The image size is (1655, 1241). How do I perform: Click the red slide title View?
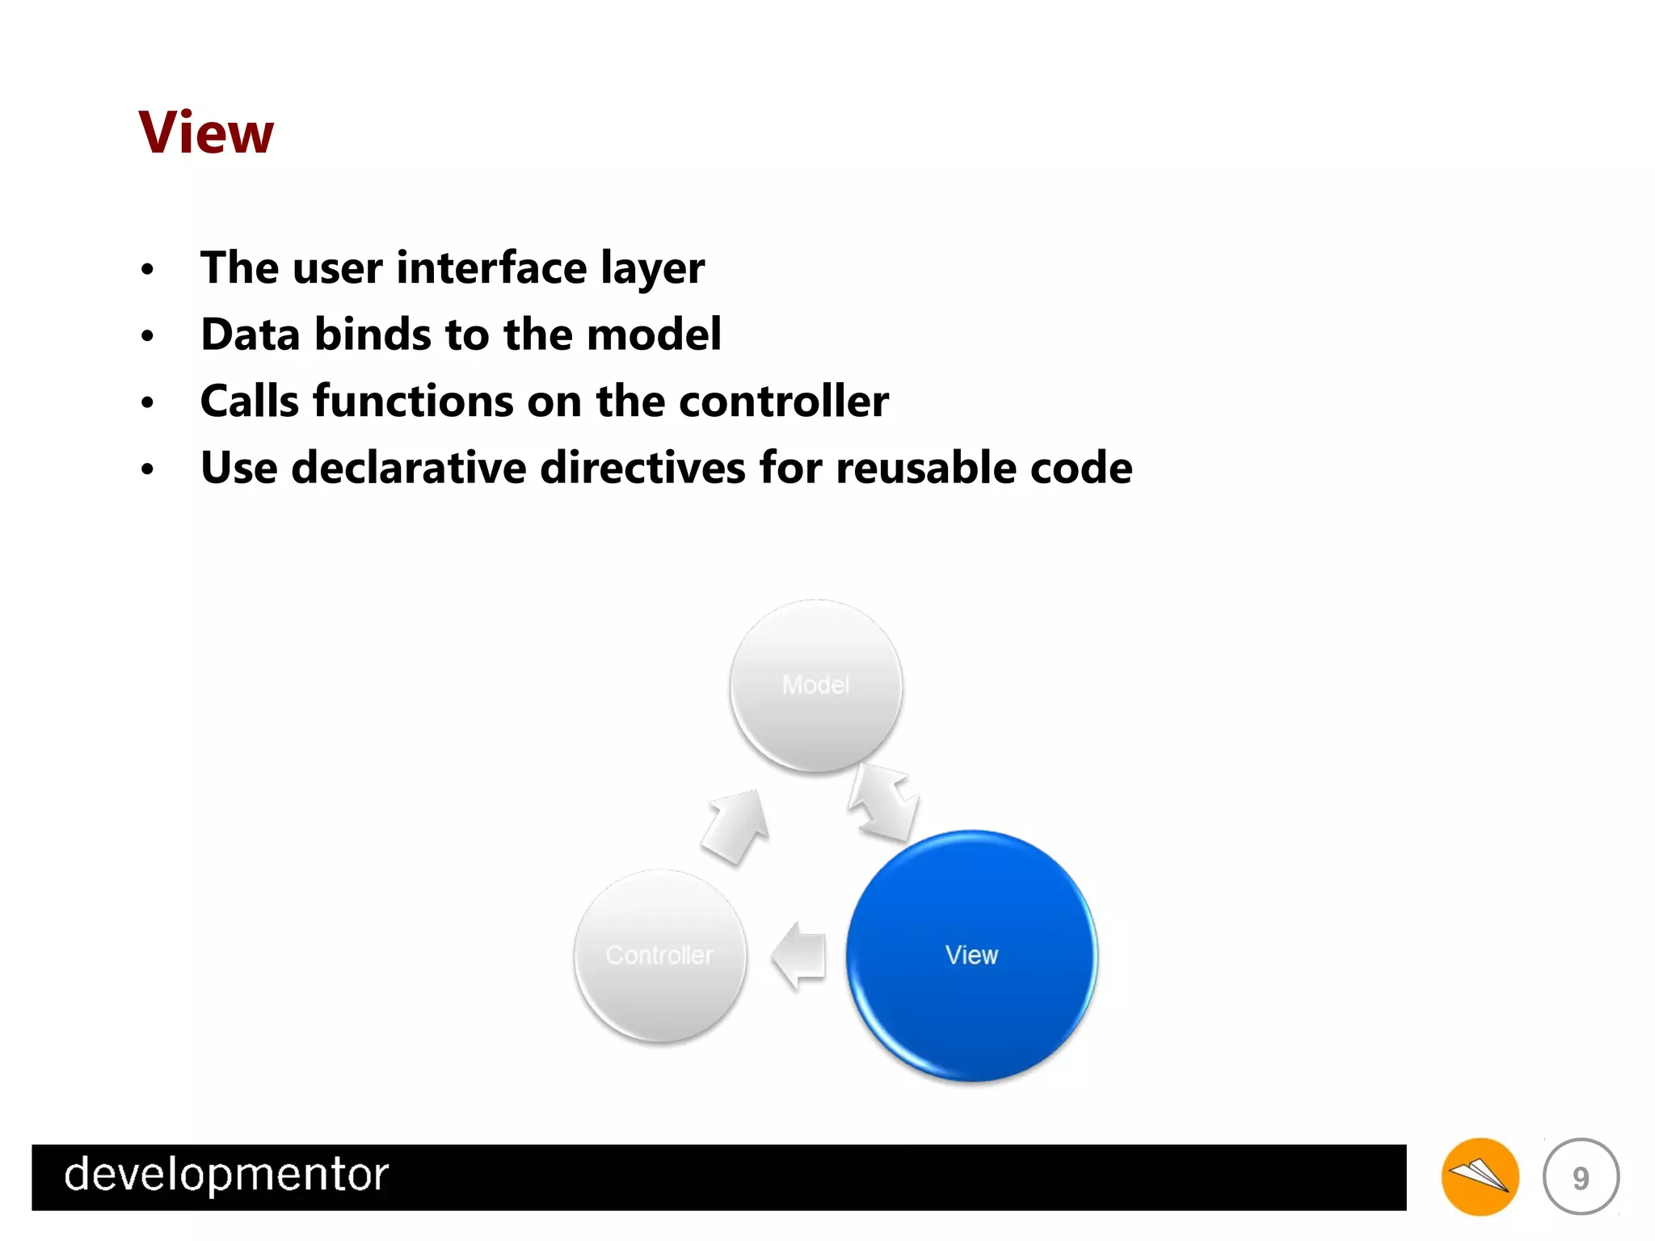point(206,133)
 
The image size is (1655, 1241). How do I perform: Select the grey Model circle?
point(815,685)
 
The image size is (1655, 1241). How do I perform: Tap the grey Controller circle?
point(659,955)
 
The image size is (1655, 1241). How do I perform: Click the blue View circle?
point(971,955)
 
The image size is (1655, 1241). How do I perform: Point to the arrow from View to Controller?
point(799,956)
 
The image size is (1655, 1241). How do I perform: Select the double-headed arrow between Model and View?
point(882,801)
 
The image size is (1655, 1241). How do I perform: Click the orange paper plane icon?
point(1480,1176)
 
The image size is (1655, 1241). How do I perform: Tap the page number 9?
point(1581,1177)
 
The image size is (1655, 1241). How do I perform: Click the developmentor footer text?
point(226,1174)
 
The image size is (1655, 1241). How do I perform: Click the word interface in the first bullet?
point(491,267)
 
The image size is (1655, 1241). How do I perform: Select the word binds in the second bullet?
point(373,334)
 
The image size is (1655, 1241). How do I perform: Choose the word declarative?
point(409,468)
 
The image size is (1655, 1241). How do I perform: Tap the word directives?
point(642,468)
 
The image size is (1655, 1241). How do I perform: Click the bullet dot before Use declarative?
point(147,469)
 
